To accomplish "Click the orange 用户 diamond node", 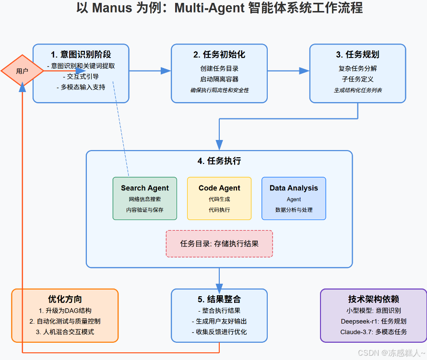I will tap(22, 71).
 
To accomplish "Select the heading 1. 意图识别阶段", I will tap(81, 54).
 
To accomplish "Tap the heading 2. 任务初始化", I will tap(219, 54).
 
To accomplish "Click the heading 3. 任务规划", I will tap(357, 54).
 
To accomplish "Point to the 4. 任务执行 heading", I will tap(219, 161).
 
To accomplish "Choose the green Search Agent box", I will tap(145, 198).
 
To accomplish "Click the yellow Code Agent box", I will tap(219, 198).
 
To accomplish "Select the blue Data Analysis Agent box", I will tap(294, 198).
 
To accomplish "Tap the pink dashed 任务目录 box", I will tap(219, 244).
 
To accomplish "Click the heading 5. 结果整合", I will tap(219, 299).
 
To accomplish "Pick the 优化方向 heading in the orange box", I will tap(65, 299).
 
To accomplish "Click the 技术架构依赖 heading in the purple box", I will tap(373, 299).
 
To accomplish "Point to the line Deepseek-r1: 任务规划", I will tap(373, 321).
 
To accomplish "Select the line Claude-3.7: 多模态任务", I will tap(373, 332).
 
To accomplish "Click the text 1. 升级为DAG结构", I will tap(65, 311).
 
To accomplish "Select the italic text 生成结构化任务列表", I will tap(357, 90).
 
